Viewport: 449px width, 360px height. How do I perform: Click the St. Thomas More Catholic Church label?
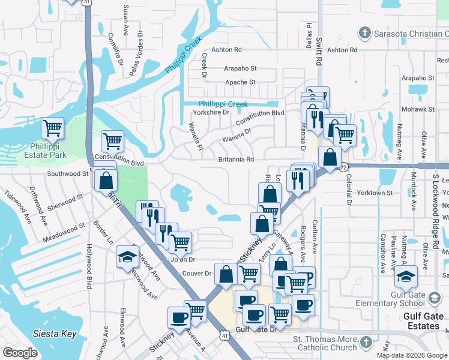[325, 343]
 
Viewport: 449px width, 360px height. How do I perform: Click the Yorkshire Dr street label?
[210, 112]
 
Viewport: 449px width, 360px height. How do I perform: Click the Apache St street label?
[240, 82]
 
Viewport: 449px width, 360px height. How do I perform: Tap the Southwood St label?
[67, 174]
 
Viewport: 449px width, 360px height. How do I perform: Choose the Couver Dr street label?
[197, 274]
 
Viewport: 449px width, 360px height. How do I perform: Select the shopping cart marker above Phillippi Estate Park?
[52, 127]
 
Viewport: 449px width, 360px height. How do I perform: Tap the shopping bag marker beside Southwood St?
[106, 179]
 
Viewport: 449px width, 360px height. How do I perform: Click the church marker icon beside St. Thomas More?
[366, 343]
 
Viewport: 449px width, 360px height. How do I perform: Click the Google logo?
[20, 353]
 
